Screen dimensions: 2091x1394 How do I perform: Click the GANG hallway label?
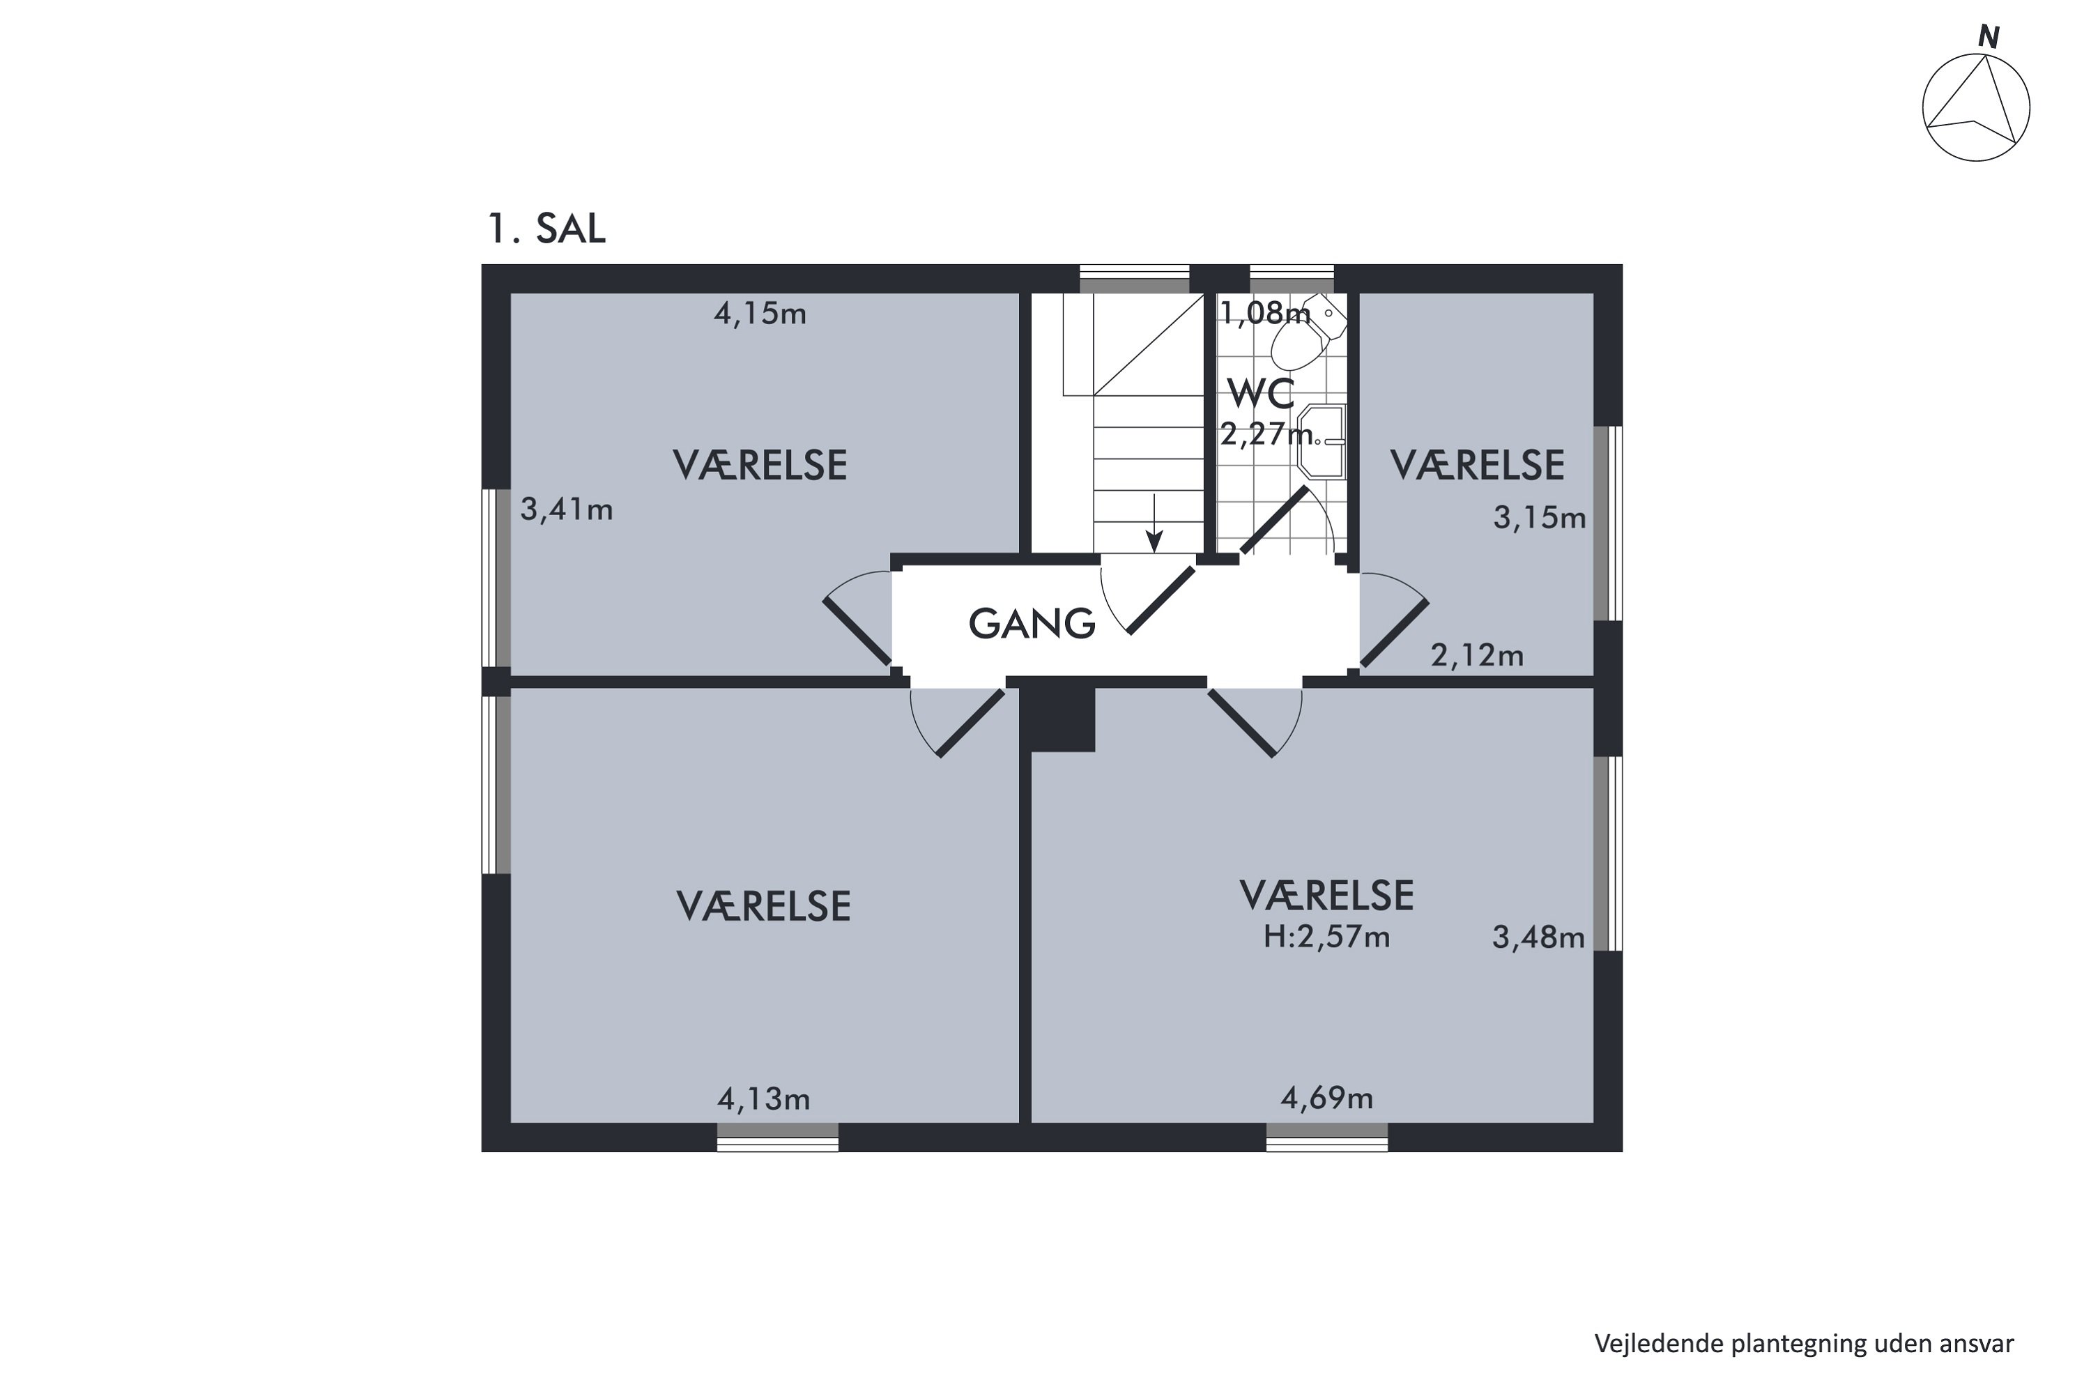pos(1032,624)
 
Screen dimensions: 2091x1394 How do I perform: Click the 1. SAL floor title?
pos(546,229)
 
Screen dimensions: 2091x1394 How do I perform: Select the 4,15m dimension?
pos(760,314)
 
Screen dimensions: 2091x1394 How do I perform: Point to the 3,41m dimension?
pos(566,510)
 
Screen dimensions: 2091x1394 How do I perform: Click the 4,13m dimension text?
pos(764,1100)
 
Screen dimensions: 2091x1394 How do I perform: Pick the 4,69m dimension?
pos(1326,1099)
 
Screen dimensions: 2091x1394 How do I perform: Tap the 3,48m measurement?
pos(1538,937)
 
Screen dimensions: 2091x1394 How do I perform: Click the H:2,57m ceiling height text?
pos(1326,937)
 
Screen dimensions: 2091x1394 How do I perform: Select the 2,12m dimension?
pos(1477,656)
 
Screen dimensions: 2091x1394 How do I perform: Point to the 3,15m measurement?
pos(1539,517)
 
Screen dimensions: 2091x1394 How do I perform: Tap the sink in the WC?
pos(1322,442)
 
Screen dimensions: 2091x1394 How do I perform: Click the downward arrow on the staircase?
pos(1154,523)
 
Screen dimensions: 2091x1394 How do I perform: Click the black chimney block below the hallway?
pos(1062,719)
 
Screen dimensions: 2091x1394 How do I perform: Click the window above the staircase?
pos(1135,279)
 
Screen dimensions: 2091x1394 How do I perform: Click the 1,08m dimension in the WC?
pos(1265,313)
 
